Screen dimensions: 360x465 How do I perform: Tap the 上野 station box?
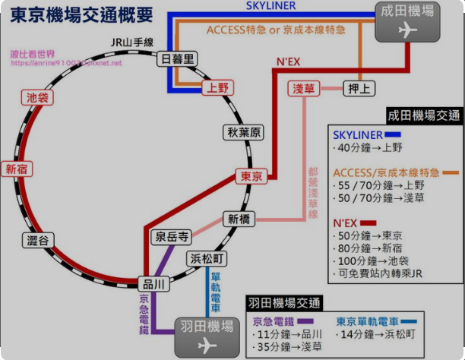(x=217, y=87)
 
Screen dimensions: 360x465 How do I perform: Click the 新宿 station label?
(x=17, y=169)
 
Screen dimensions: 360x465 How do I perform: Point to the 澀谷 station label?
(x=36, y=241)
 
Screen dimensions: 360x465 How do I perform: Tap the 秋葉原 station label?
(x=244, y=132)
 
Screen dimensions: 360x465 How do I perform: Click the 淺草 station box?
(x=305, y=88)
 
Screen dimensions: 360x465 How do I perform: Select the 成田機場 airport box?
(x=408, y=21)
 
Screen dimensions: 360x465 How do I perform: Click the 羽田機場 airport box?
(x=206, y=335)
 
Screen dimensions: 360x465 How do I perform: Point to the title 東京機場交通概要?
(x=81, y=15)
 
